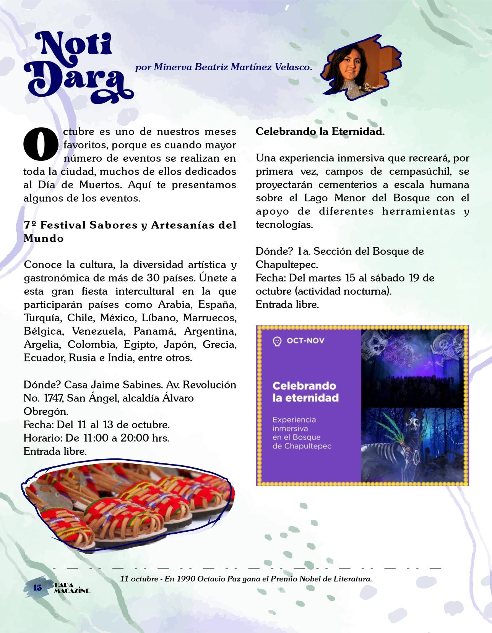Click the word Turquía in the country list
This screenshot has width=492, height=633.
(x=42, y=318)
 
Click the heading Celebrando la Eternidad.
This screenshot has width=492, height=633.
(x=320, y=132)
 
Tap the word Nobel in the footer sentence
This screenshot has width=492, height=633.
(x=307, y=579)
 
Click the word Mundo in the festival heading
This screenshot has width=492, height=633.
(x=44, y=238)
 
